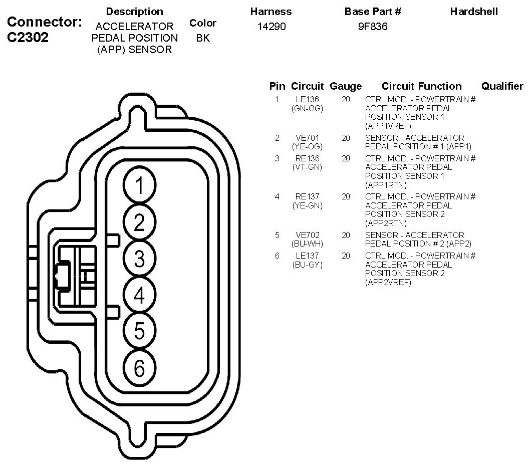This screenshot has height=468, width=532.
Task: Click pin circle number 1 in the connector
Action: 140,186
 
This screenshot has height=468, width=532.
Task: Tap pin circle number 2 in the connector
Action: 140,222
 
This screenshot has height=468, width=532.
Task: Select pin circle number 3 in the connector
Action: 140,259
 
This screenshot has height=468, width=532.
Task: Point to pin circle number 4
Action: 140,296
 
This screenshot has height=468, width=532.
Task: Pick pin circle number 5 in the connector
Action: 140,331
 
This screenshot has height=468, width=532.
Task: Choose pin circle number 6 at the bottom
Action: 140,369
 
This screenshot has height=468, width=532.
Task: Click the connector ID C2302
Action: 29,38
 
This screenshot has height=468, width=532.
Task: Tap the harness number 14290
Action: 271,27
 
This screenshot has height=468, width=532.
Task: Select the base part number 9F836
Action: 372,27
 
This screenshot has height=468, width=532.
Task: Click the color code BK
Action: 203,38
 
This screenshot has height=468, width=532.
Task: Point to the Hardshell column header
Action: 474,12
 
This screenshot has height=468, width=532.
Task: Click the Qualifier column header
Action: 502,86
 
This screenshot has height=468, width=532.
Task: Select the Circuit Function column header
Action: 421,86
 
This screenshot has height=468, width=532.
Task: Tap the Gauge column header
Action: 346,86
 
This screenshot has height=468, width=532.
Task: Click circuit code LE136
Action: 307,99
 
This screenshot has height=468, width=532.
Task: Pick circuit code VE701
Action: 307,138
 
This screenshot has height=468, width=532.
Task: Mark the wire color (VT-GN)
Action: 307,167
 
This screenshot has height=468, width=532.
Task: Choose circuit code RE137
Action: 307,196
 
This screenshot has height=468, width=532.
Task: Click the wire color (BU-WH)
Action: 307,244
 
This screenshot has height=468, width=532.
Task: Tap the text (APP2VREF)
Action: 388,283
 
